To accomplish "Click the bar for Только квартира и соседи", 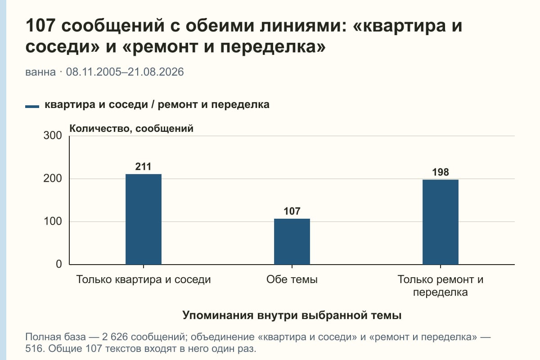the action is [144, 219].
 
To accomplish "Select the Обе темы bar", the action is [292, 242].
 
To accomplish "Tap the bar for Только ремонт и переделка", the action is [441, 222].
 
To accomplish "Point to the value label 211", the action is [143, 166].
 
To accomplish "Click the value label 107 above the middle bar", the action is [292, 211].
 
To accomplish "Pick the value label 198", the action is [441, 172].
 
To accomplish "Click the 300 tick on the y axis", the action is [53, 135].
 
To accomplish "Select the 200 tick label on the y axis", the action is [53, 179].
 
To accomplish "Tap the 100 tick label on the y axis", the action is [53, 221].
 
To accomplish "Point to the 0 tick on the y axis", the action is [59, 264].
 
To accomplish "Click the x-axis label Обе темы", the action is [292, 280].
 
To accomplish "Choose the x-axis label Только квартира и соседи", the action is [144, 280].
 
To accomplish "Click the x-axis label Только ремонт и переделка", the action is [441, 286].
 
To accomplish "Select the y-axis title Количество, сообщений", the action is [131, 129].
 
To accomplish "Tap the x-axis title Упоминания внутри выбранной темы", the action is [292, 315].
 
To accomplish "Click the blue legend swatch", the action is [32, 107].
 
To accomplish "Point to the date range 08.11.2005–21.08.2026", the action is [125, 72].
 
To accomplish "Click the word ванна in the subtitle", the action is [40, 72].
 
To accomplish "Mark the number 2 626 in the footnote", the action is [115, 337].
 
